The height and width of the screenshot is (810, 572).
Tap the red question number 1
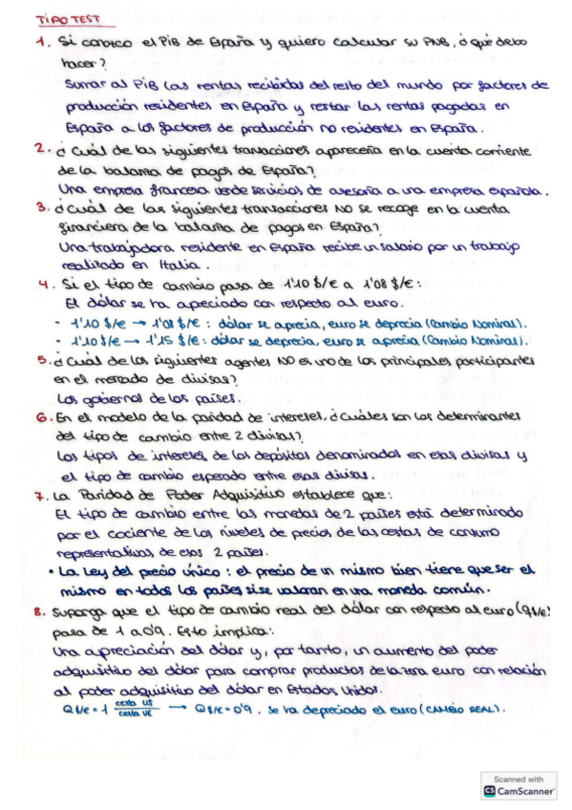pos(40,43)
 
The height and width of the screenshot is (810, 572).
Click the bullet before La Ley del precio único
pos(52,571)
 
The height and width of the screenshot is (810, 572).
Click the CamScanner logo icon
pos(490,791)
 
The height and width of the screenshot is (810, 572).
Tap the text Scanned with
pos(519,778)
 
